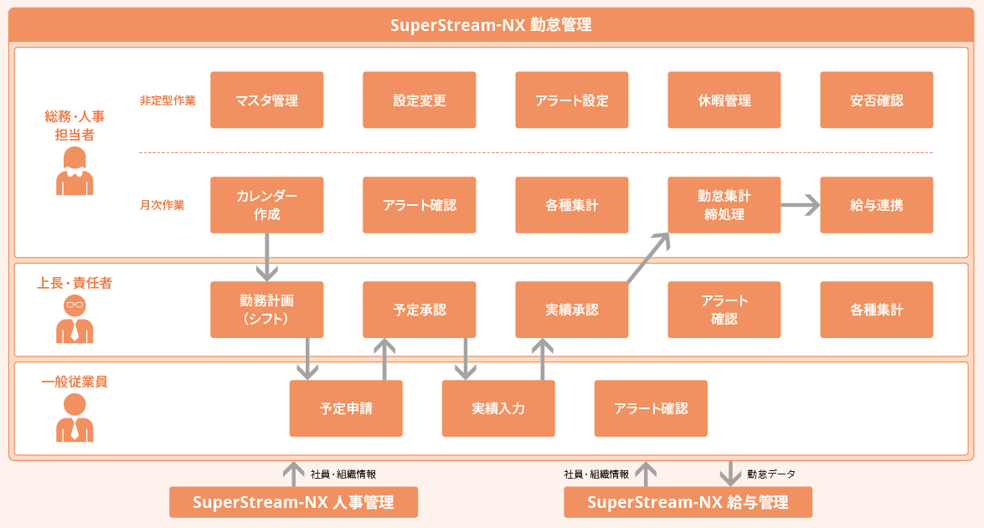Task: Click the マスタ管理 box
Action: click(x=266, y=100)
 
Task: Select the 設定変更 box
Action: click(x=419, y=100)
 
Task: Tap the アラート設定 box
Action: click(x=571, y=100)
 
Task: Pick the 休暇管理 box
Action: click(x=724, y=100)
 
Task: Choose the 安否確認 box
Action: click(x=876, y=100)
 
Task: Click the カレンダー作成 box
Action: click(x=266, y=205)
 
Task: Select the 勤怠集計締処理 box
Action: click(x=724, y=205)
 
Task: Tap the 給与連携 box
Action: click(x=876, y=205)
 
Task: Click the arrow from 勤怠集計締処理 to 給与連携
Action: click(x=800, y=205)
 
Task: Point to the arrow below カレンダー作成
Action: click(x=266, y=256)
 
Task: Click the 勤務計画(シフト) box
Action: click(x=266, y=310)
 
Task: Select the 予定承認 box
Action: click(x=419, y=310)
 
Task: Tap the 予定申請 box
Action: click(x=346, y=408)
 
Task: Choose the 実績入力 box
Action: click(x=498, y=408)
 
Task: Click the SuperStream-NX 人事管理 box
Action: click(x=293, y=502)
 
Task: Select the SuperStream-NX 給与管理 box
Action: click(x=688, y=502)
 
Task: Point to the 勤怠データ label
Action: click(x=771, y=474)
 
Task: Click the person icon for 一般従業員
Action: click(x=75, y=418)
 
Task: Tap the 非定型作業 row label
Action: click(x=167, y=100)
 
